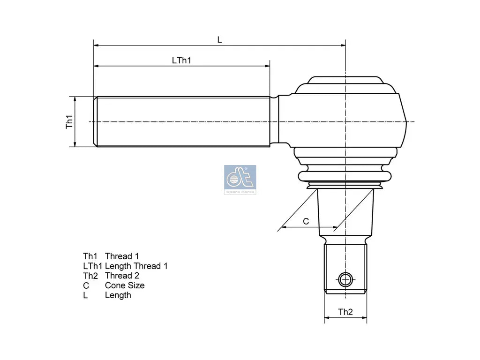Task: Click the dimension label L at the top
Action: pos(219,40)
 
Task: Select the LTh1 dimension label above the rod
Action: pos(181,60)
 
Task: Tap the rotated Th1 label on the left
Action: pos(69,122)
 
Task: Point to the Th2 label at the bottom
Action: pos(345,312)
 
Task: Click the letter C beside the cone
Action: pos(306,221)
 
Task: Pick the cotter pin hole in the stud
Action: pos(345,280)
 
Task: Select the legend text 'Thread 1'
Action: pos(122,256)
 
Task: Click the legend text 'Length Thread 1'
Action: pos(136,266)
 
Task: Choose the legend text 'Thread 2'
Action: pos(122,276)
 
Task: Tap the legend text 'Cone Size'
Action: pos(125,285)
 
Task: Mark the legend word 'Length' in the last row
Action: pos(118,295)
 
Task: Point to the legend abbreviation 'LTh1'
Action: pos(92,266)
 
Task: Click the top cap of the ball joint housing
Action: pos(345,81)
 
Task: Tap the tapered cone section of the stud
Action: pos(345,211)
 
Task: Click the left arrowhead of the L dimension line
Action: pos(96,45)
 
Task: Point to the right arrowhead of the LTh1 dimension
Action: pos(268,66)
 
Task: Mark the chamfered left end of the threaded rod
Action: pos(96,122)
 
